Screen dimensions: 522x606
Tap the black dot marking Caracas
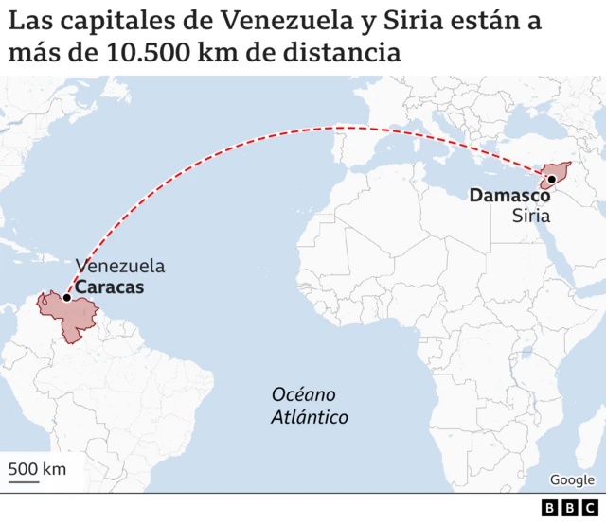pyautogui.click(x=66, y=298)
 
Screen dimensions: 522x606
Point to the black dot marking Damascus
pyautogui.click(x=551, y=179)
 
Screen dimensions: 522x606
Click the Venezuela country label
pyautogui.click(x=120, y=266)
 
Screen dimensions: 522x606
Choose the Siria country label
pyautogui.click(x=531, y=217)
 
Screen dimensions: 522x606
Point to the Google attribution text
pyautogui.click(x=572, y=480)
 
